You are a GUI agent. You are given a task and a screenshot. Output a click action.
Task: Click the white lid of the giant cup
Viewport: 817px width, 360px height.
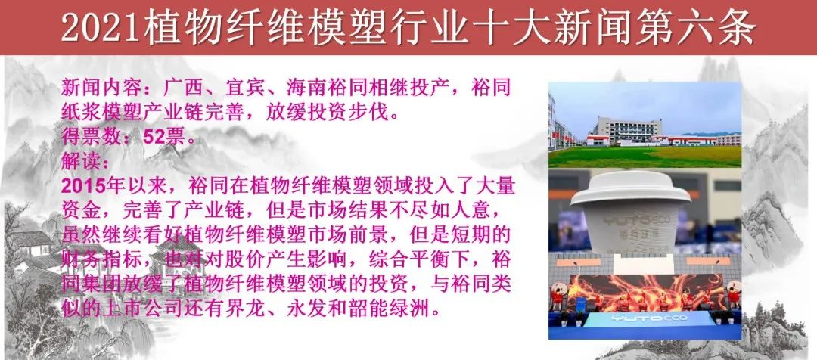click(x=630, y=188)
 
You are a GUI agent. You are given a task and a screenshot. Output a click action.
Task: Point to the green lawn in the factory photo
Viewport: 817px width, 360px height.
click(x=645, y=157)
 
